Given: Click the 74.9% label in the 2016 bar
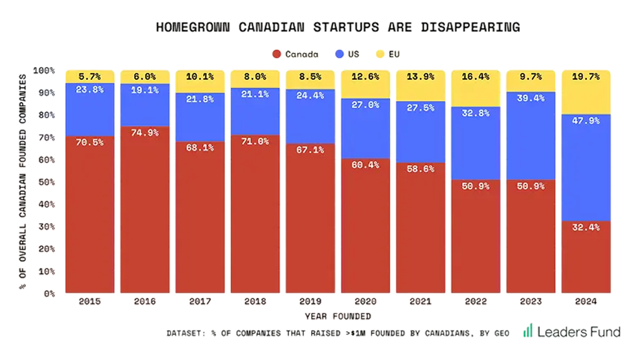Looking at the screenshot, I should (144, 133).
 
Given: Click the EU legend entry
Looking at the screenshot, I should (388, 53).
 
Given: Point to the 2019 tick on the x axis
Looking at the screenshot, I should (310, 302).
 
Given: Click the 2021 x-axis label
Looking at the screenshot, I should (420, 302).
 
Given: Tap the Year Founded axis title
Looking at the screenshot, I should (337, 316).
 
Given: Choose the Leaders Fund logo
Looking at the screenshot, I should (571, 331).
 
